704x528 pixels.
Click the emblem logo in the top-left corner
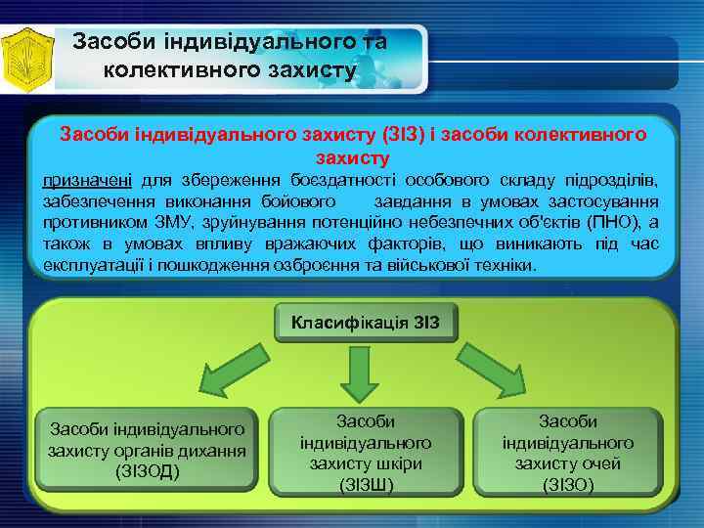pos(26,58)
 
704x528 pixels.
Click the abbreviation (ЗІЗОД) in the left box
pos(147,472)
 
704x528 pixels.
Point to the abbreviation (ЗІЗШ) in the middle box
pos(366,484)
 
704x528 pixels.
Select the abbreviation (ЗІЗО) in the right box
pos(568,484)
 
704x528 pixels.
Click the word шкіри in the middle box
pos(392,463)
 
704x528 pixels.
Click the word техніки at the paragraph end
pos(502,265)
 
